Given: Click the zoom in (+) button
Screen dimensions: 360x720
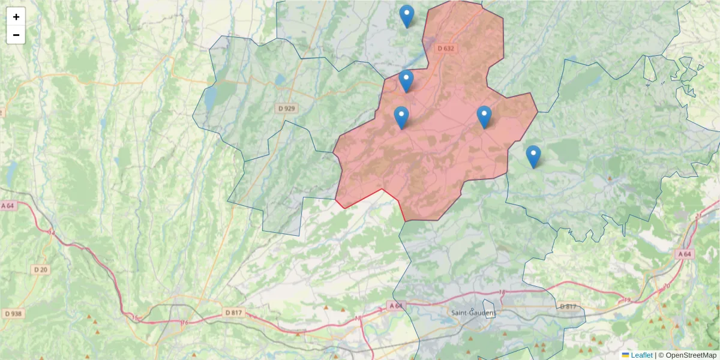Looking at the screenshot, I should pyautogui.click(x=16, y=17).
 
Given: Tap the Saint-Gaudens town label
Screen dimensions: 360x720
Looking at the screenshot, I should pyautogui.click(x=473, y=313).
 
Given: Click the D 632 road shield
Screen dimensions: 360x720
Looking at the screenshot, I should pyautogui.click(x=446, y=48).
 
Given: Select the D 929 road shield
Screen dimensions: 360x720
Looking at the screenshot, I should pyautogui.click(x=287, y=109).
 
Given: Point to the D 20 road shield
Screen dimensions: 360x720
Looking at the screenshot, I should pyautogui.click(x=41, y=270).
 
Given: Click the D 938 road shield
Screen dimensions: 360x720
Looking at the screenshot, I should pyautogui.click(x=13, y=313).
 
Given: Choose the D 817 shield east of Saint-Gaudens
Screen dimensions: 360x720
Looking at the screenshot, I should pyautogui.click(x=568, y=307).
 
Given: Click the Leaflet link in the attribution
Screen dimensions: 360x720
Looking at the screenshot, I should pyautogui.click(x=641, y=355).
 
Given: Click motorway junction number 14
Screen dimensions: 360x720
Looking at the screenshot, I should pyautogui.click(x=51, y=232).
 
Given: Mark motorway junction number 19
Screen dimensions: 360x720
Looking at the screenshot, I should pyautogui.click(x=628, y=299).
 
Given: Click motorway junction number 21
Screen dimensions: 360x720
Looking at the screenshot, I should pyautogui.click(x=698, y=215).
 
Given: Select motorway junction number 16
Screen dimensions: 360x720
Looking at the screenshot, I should pyautogui.click(x=185, y=323).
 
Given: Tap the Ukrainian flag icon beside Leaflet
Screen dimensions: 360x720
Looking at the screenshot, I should pyautogui.click(x=626, y=355).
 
